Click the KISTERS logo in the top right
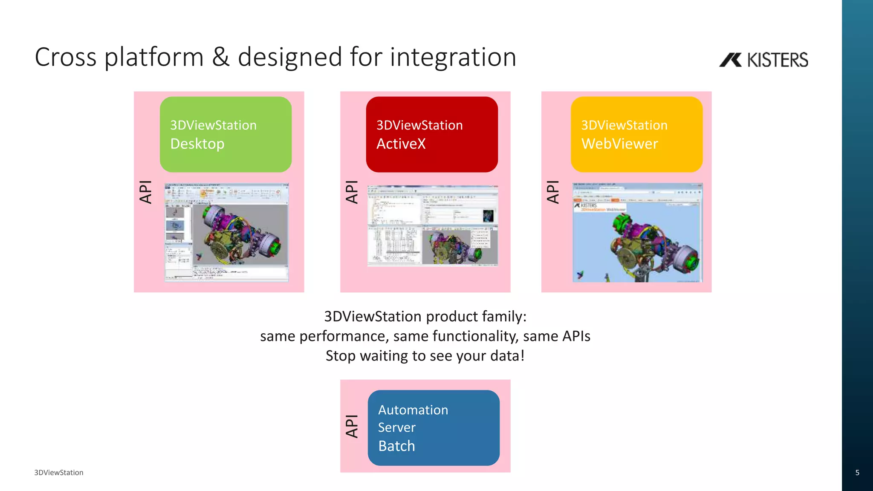point(763,60)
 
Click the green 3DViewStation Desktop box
point(225,134)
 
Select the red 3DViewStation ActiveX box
point(431,134)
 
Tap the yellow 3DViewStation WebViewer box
point(636,134)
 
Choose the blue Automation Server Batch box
point(434,427)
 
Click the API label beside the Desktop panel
point(146,192)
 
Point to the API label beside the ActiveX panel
point(352,192)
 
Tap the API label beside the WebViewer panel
point(553,192)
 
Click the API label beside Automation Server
point(352,426)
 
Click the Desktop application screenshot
point(227,232)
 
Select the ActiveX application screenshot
point(432,226)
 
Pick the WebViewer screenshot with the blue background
point(637,233)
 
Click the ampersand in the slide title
point(221,57)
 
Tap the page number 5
point(857,472)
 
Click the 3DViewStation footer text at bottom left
point(59,472)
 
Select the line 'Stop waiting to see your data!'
point(425,355)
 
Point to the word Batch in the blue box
point(396,446)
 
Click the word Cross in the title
point(66,57)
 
